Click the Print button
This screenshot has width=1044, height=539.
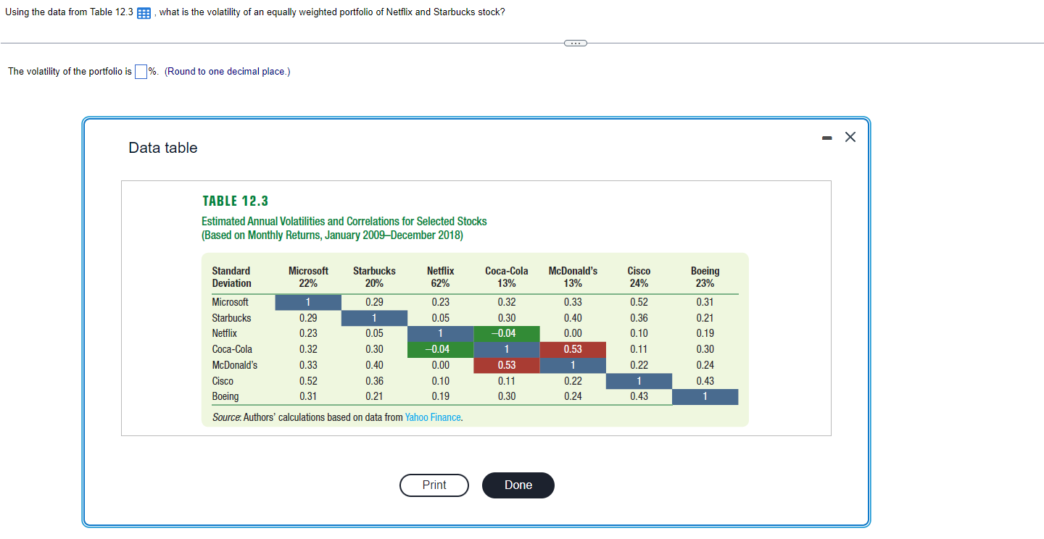coord(434,485)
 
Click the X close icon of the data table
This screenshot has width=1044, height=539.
coord(850,138)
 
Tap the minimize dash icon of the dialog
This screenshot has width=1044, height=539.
coord(827,138)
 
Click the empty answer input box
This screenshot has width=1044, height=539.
coord(141,71)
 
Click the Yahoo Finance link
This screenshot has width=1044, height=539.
coord(434,417)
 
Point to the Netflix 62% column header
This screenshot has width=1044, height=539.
coord(440,277)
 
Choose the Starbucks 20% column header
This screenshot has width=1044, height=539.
coord(374,277)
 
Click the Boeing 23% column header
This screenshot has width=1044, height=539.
coord(705,277)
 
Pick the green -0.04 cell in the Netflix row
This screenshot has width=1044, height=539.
coord(507,333)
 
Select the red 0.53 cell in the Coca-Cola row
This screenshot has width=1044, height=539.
coord(573,349)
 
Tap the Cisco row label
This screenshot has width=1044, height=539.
coord(223,381)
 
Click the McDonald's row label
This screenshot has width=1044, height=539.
coord(234,365)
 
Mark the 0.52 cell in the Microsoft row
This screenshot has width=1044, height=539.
coord(639,302)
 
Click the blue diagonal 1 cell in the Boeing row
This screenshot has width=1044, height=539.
coord(705,396)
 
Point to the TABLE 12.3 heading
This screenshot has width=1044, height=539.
coord(235,201)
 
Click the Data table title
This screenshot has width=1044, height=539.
coord(163,148)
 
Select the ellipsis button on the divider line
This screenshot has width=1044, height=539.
coord(574,43)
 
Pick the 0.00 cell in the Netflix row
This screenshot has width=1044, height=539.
coord(573,333)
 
